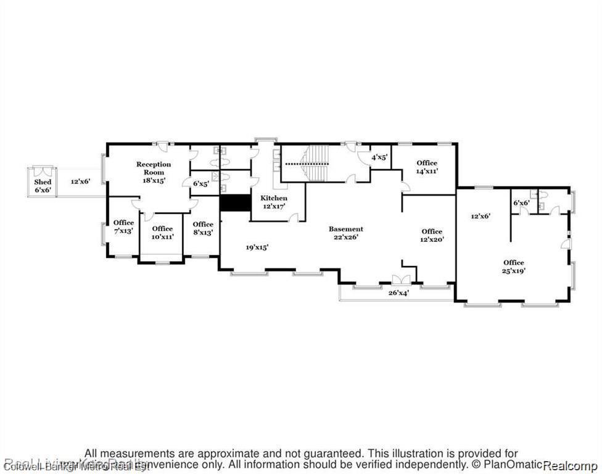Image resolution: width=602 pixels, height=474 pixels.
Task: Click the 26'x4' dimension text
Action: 398,293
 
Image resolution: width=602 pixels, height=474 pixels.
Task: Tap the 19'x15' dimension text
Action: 257,247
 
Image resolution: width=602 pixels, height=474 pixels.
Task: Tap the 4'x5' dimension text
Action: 379,157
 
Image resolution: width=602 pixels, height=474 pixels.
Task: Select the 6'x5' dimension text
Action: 201,183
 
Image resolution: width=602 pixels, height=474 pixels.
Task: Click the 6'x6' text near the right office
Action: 521,203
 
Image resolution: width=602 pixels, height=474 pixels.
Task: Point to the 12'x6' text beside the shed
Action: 80,181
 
